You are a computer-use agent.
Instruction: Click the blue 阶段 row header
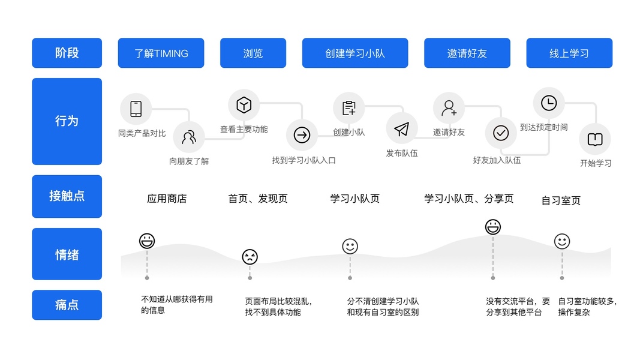pos(67,53)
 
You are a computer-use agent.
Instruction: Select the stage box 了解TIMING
pos(161,53)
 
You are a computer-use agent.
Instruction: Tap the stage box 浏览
pos(253,53)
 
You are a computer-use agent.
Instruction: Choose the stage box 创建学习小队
pos(355,53)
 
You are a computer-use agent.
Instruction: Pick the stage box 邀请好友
pos(467,53)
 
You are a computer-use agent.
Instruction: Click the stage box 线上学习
pos(569,53)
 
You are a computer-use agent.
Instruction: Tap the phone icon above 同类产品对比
pos(136,109)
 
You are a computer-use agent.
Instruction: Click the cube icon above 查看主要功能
pos(244,105)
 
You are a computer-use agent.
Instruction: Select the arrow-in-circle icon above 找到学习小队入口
pos(302,136)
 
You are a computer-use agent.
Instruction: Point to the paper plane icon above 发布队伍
pos(401,129)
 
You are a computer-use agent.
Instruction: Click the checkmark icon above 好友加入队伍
pos(500,133)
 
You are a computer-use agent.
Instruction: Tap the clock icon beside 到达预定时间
pos(549,103)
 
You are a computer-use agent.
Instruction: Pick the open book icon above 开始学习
pos(594,139)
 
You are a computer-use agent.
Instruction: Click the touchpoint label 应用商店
pos(167,199)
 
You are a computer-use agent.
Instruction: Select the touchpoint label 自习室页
pos(561,200)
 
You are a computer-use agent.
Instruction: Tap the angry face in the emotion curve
pos(250,257)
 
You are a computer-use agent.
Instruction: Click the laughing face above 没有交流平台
pos(493,227)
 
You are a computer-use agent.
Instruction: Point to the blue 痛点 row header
pos(67,305)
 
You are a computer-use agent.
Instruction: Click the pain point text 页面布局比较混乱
pos(278,301)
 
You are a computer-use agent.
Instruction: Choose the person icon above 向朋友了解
pos(189,137)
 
